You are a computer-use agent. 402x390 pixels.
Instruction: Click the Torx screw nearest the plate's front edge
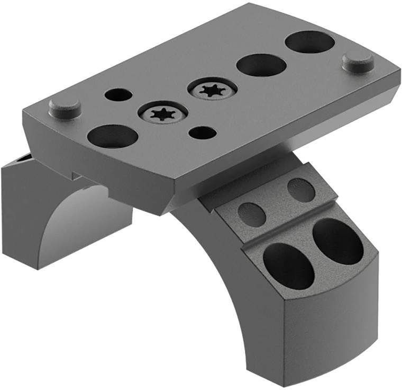pos(162,112)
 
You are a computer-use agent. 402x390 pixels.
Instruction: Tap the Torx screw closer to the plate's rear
pos(212,90)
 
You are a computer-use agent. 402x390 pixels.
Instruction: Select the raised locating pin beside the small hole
pos(65,108)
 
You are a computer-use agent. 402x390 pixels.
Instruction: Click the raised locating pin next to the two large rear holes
pos(358,62)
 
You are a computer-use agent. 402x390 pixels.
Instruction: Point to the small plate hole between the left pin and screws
pos(118,95)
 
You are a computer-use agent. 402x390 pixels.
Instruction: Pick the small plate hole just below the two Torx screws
pos(202,132)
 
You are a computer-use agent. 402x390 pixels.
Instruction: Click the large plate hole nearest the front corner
pos(112,137)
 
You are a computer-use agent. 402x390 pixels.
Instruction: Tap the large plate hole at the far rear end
pos(309,41)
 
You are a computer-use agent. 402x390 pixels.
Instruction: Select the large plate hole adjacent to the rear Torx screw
pos(261,65)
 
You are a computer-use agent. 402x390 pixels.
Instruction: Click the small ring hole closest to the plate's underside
pos(301,190)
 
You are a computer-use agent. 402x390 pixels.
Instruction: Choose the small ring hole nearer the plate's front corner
pos(252,214)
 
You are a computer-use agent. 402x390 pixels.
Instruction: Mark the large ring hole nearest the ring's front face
pos(288,266)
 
